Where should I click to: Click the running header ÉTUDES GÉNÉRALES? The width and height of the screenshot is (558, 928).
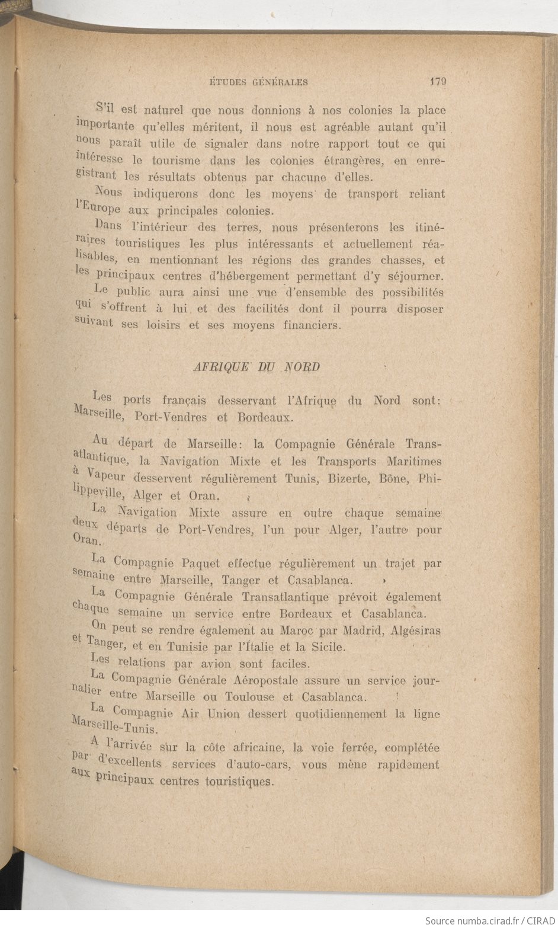click(259, 82)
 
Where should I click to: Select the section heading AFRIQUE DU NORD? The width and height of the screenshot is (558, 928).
click(257, 367)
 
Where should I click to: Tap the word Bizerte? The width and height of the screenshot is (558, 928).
click(340, 478)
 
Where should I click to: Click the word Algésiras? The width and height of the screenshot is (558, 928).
click(416, 631)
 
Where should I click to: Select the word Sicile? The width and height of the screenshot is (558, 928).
click(325, 647)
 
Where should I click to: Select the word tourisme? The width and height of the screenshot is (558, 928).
click(176, 161)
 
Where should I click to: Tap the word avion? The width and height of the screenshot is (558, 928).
click(216, 664)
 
